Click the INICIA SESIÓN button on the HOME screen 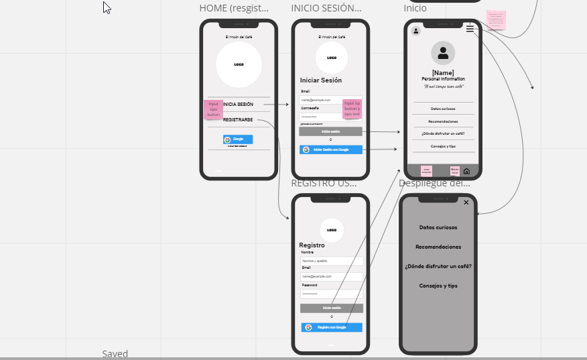(x=239, y=105)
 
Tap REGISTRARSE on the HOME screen (x=238, y=120)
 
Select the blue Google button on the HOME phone (x=238, y=139)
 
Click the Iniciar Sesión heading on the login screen (x=320, y=80)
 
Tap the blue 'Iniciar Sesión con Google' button (x=331, y=149)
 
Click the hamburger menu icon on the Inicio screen (x=470, y=28)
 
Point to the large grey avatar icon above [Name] (x=443, y=53)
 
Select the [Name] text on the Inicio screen (x=443, y=72)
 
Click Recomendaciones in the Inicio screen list (x=443, y=121)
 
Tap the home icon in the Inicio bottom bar (x=466, y=171)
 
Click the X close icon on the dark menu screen (x=466, y=202)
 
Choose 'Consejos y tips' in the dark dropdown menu (x=438, y=286)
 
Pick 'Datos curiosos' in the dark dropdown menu (x=438, y=227)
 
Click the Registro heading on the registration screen (x=312, y=245)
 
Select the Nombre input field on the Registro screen (x=331, y=261)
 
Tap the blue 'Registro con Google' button (x=332, y=327)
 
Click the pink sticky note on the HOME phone (x=213, y=109)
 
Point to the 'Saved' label (x=115, y=354)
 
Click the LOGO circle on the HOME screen (x=239, y=65)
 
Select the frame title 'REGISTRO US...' (x=324, y=183)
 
